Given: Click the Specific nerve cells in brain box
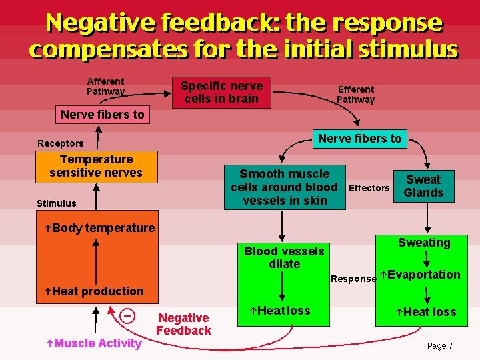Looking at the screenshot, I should click(x=221, y=93).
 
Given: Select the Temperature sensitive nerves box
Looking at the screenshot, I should click(x=96, y=166).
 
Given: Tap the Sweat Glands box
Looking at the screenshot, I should click(x=423, y=186).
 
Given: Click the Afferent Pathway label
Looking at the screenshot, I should click(x=105, y=86).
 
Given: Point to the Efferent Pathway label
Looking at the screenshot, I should click(x=355, y=94).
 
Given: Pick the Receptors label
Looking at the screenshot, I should click(x=61, y=143).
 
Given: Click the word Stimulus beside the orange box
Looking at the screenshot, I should click(x=57, y=203).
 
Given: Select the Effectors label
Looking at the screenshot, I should click(x=369, y=188).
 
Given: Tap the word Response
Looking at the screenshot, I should click(x=353, y=279).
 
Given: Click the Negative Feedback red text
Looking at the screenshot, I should click(x=183, y=324).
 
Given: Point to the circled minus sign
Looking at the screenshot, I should click(x=127, y=314).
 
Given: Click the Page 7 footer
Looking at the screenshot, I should click(x=439, y=346).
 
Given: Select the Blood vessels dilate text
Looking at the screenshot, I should click(x=284, y=257).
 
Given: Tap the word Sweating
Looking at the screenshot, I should click(x=424, y=243).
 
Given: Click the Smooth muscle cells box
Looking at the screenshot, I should click(x=285, y=187).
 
